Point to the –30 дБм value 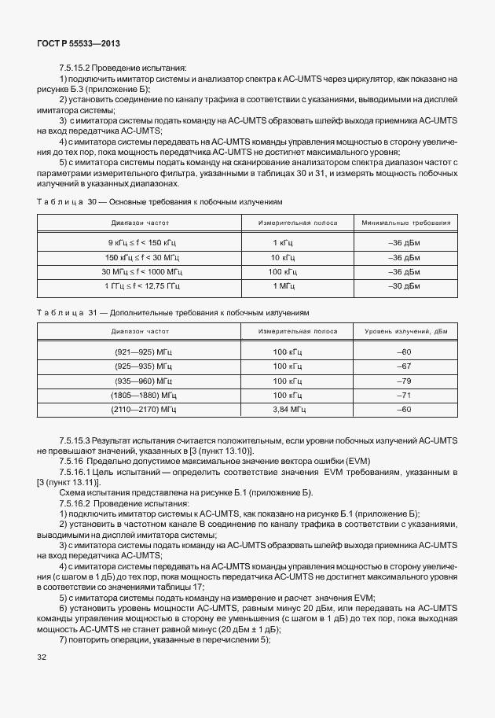[405, 285]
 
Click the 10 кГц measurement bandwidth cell [282, 257]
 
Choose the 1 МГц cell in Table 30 [282, 285]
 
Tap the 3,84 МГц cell [287, 410]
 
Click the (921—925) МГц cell [143, 352]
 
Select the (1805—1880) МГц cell [143, 396]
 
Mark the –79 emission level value [405, 381]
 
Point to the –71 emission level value [405, 396]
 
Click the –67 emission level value [405, 366]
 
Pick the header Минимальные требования [405, 223]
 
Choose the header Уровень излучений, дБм [405, 333]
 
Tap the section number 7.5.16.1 [77, 471]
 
